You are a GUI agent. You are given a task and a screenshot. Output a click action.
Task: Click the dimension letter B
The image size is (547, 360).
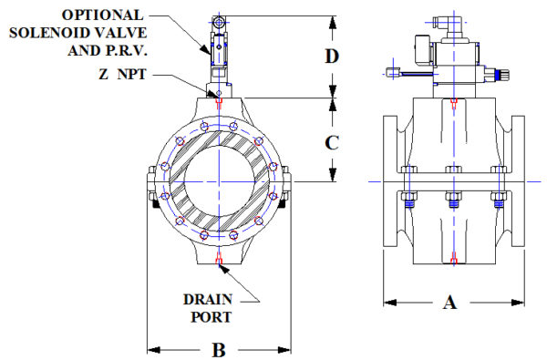(x=218, y=350)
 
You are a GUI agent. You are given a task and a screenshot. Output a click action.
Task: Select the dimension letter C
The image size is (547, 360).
(x=333, y=141)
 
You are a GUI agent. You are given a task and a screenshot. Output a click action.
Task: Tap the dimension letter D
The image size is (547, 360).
(x=333, y=56)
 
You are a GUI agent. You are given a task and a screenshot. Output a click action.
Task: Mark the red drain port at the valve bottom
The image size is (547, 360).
(x=219, y=263)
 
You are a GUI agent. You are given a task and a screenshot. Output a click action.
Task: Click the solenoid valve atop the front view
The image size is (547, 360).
(x=219, y=46)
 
